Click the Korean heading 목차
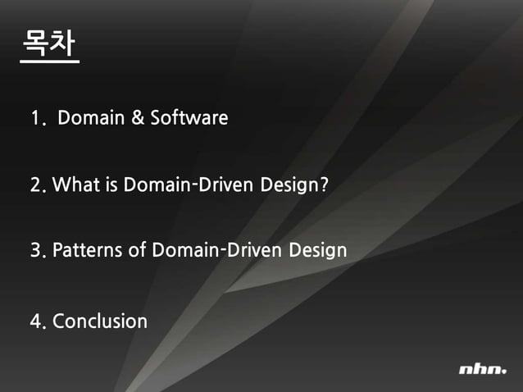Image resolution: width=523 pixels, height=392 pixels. point(49,46)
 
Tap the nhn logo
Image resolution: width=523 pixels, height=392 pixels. point(482,370)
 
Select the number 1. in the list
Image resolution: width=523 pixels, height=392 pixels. point(37,119)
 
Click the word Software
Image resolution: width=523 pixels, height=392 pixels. point(189,118)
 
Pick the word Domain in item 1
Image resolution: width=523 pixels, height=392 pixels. point(91,118)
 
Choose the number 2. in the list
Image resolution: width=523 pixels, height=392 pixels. point(38,185)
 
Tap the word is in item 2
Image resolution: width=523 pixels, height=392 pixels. point(111,185)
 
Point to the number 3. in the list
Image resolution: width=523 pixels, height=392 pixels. point(38,250)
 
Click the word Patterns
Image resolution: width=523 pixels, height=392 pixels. point(89,250)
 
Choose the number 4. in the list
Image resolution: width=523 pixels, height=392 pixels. point(38,321)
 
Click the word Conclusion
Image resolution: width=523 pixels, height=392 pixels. point(100,321)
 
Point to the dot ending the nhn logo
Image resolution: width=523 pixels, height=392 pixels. point(504,373)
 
